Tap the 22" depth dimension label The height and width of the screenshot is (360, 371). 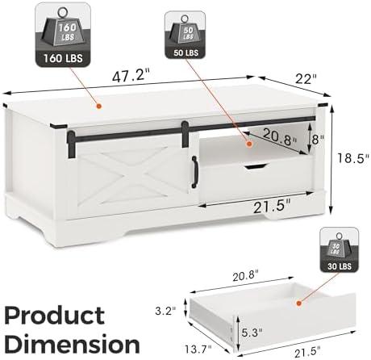click(306, 79)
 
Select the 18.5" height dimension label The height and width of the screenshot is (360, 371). click(353, 158)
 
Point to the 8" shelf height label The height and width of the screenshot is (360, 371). click(318, 139)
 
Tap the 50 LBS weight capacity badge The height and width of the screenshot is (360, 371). click(185, 35)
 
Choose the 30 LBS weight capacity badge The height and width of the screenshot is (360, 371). click(339, 249)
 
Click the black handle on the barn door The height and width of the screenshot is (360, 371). click(194, 172)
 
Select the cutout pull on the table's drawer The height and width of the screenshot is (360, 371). click(255, 166)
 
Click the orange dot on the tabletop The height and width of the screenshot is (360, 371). click(99, 107)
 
